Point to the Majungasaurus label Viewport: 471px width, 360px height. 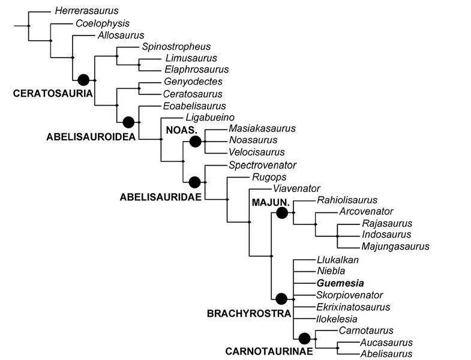coord(395,246)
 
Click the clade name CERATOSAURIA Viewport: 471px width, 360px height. coord(52,94)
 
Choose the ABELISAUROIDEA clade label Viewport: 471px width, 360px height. coord(88,136)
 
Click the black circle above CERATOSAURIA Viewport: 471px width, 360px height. coord(83,79)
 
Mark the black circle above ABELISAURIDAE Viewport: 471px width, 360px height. coord(194,181)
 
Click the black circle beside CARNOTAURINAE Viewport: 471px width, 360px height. coord(304,338)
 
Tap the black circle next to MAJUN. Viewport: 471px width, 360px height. coord(283,212)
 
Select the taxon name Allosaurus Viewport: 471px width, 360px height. coord(121,35)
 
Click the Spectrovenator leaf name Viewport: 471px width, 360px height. coord(263,165)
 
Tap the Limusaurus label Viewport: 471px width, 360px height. coord(191,58)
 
